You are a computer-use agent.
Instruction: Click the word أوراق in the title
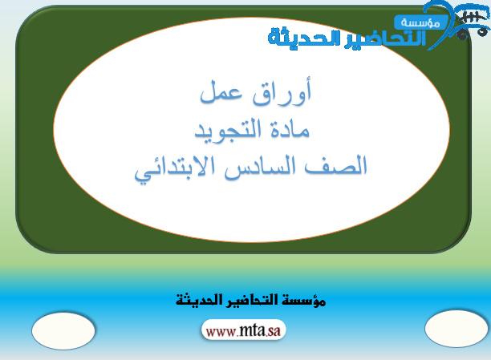pyautogui.click(x=282, y=94)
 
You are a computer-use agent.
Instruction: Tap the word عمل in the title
pyautogui.click(x=221, y=93)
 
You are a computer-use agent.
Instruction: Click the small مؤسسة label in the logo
pyautogui.click(x=420, y=22)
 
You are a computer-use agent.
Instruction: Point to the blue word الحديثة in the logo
pyautogui.click(x=306, y=37)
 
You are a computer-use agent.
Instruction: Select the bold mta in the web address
pyautogui.click(x=253, y=330)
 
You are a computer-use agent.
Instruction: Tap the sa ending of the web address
pyautogui.click(x=274, y=331)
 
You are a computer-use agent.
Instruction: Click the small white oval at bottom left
pyautogui.click(x=63, y=331)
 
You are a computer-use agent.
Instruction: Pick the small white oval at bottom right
pyautogui.click(x=457, y=329)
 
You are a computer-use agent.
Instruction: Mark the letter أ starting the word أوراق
pyautogui.click(x=307, y=91)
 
